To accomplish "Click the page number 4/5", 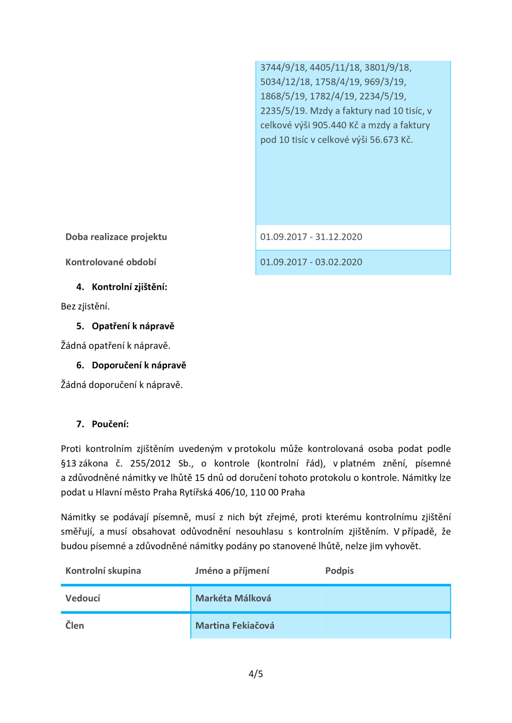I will (x=255, y=674).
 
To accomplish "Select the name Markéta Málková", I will (x=233, y=598).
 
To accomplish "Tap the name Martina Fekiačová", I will (x=235, y=625).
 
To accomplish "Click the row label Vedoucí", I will (x=83, y=598).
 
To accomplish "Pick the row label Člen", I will (x=75, y=625).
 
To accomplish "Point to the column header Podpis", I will (x=339, y=570).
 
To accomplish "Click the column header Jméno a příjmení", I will (x=232, y=570).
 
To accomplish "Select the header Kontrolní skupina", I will (x=103, y=570).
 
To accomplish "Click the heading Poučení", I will (x=110, y=424).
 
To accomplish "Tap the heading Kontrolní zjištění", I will (x=129, y=287).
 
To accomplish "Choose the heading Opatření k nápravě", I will (x=133, y=326).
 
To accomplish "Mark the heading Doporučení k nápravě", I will (x=139, y=365).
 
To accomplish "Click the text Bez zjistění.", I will (x=85, y=306).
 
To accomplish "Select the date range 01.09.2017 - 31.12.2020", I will (x=311, y=237).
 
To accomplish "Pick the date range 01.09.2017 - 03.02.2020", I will (x=311, y=262).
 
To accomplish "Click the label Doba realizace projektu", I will (x=116, y=237).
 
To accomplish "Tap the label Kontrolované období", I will (x=111, y=262).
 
